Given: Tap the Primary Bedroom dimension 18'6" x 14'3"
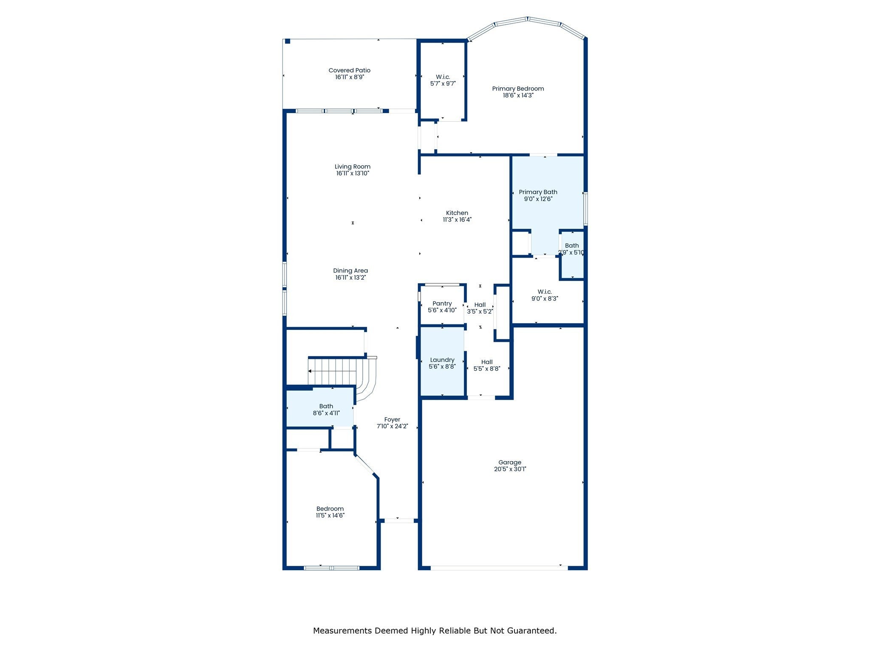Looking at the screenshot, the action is [518, 95].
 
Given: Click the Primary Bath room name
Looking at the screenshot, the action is [538, 192].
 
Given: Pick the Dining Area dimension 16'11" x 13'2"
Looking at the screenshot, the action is [350, 278].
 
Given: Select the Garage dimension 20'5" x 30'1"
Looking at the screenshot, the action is [510, 469].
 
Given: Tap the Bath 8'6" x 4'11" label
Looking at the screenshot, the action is [326, 410].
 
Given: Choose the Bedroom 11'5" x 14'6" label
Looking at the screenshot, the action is [330, 512].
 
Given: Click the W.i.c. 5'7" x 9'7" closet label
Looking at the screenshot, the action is [443, 80].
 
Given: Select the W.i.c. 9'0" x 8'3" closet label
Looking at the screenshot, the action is [545, 295].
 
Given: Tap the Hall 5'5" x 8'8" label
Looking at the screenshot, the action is [487, 366].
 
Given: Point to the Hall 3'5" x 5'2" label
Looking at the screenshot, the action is [480, 308].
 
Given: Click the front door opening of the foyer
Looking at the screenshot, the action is [398, 521].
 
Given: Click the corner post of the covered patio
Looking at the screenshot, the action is [288, 41].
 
